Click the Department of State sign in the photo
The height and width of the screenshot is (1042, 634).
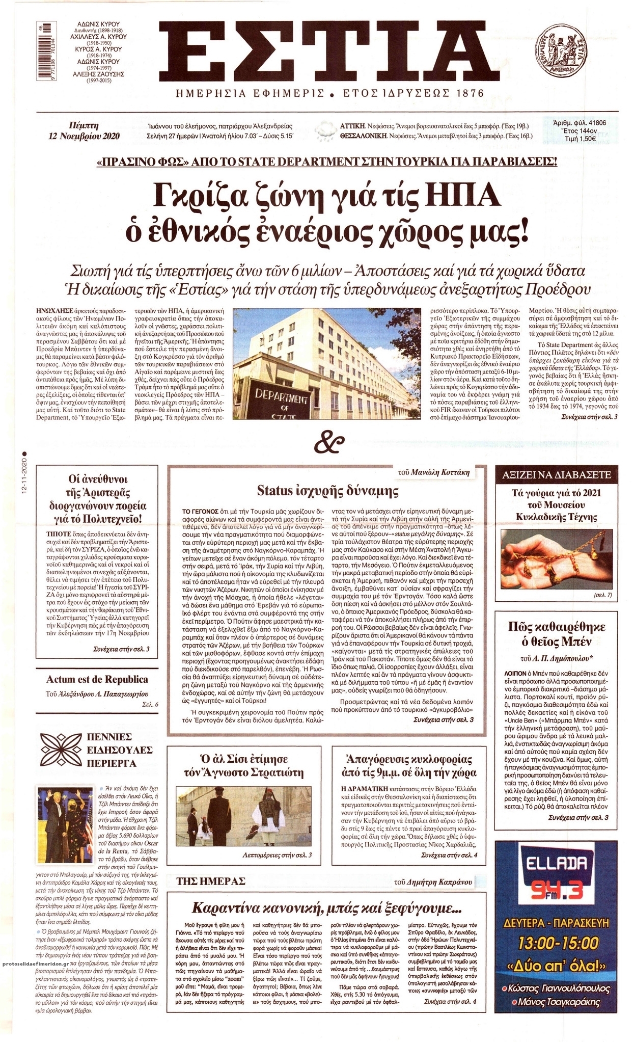point(278,401)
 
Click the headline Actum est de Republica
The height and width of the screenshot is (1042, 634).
point(97,679)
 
